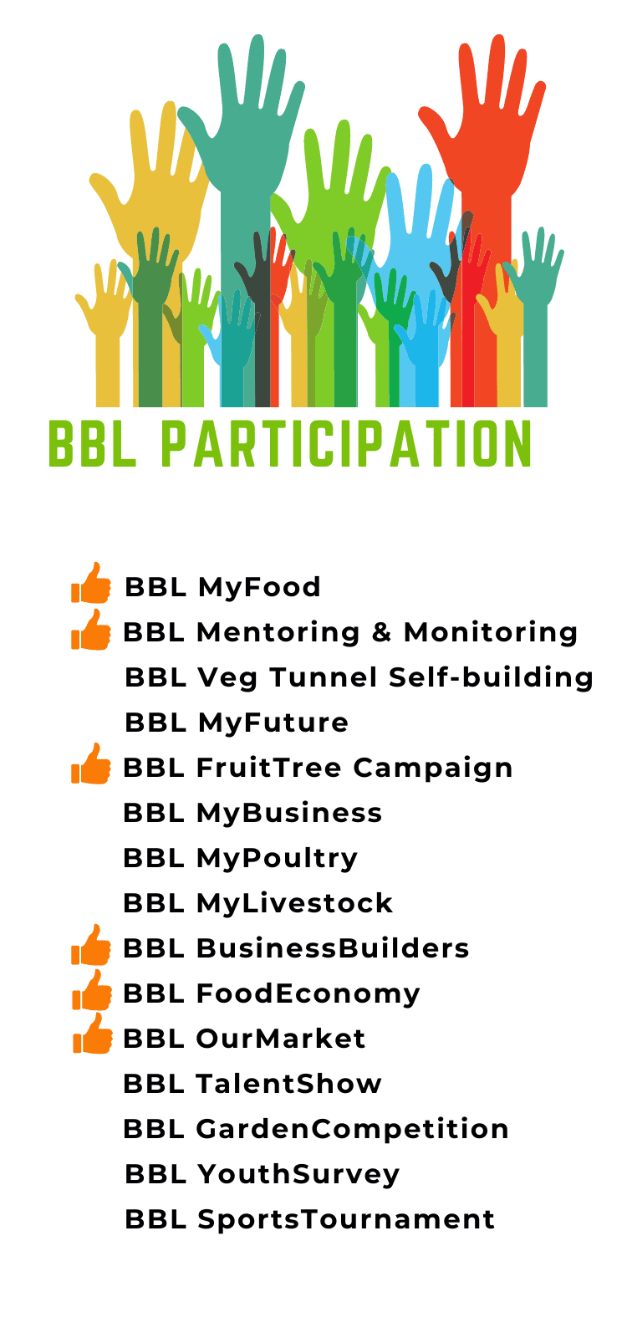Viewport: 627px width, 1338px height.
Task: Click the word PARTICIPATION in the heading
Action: (x=346, y=443)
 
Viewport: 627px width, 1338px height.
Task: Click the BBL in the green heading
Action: (x=92, y=443)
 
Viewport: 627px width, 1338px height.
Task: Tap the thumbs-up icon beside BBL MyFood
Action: (x=91, y=584)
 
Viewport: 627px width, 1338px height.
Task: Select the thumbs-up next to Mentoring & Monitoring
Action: (x=91, y=630)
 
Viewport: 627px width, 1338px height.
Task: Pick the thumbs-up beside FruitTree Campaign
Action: (x=91, y=764)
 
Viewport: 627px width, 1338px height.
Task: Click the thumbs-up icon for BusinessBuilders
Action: (x=91, y=945)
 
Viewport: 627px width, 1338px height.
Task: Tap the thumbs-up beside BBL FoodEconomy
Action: (x=92, y=990)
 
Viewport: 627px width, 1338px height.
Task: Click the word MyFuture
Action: (x=273, y=723)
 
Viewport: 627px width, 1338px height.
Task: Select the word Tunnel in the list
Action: (x=323, y=677)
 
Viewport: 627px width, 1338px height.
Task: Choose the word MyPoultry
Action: (x=278, y=859)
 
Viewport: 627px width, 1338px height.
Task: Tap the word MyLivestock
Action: (x=295, y=903)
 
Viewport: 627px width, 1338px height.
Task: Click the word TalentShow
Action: (x=289, y=1084)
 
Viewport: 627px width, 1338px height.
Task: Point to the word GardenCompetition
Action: (x=352, y=1130)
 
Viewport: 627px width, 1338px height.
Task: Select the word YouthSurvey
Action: (x=298, y=1175)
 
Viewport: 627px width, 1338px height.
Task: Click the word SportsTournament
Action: (x=346, y=1220)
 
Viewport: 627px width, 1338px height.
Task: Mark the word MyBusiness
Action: (x=289, y=814)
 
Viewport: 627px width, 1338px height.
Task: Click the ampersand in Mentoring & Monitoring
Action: (x=381, y=632)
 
